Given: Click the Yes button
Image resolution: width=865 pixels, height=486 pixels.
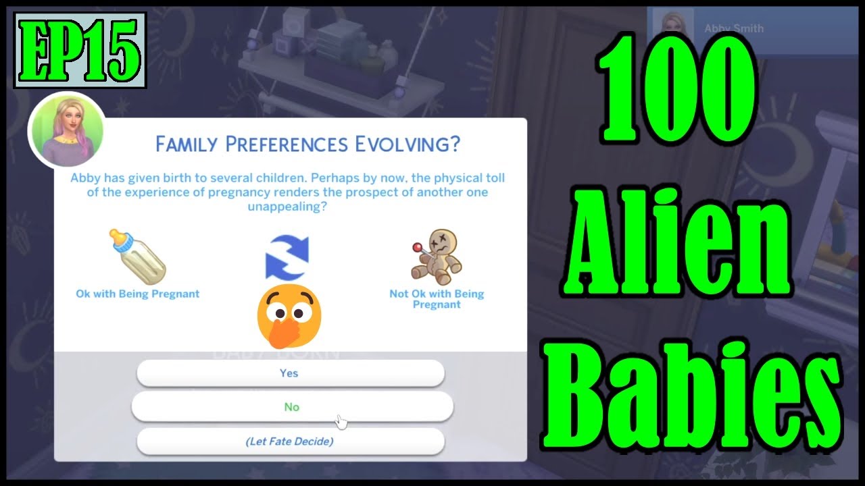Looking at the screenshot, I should pyautogui.click(x=290, y=373).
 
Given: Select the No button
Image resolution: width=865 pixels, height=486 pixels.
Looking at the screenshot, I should pyautogui.click(x=291, y=407).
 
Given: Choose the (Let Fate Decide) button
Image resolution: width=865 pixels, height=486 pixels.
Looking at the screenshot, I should pyautogui.click(x=290, y=442).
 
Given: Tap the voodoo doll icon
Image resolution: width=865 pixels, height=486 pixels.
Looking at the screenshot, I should pyautogui.click(x=437, y=257).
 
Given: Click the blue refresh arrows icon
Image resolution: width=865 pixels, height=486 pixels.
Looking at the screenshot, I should pyautogui.click(x=287, y=257).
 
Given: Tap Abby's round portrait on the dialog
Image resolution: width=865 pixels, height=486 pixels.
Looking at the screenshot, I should pyautogui.click(x=66, y=130).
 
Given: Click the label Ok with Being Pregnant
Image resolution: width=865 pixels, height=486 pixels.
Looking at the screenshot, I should pyautogui.click(x=138, y=294).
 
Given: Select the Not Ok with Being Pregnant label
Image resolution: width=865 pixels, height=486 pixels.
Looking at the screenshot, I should pyautogui.click(x=437, y=299).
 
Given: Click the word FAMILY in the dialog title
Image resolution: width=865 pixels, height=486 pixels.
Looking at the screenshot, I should pyautogui.click(x=185, y=144).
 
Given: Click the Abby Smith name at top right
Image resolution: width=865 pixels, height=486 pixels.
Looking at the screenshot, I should pyautogui.click(x=733, y=29).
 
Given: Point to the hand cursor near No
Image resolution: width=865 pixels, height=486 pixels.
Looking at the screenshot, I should pyautogui.click(x=341, y=422).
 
